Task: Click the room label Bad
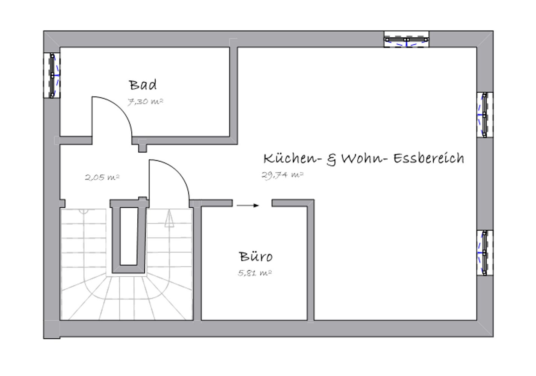point(143,85)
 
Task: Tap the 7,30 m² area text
point(145,102)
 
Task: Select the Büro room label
point(255,256)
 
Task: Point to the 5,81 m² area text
point(255,273)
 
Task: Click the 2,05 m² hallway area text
point(102,177)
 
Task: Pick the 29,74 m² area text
point(282,175)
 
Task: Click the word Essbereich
point(429,158)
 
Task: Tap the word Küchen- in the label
point(292,158)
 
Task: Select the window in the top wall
point(406,39)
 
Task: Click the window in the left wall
point(52,75)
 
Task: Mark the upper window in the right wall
point(485,115)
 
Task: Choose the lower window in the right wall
point(485,253)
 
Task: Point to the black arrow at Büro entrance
point(248,205)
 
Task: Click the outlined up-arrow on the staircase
point(169,218)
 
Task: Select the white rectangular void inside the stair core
point(129,236)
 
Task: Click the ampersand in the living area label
point(331,159)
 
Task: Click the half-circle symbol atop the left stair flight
point(84,211)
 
